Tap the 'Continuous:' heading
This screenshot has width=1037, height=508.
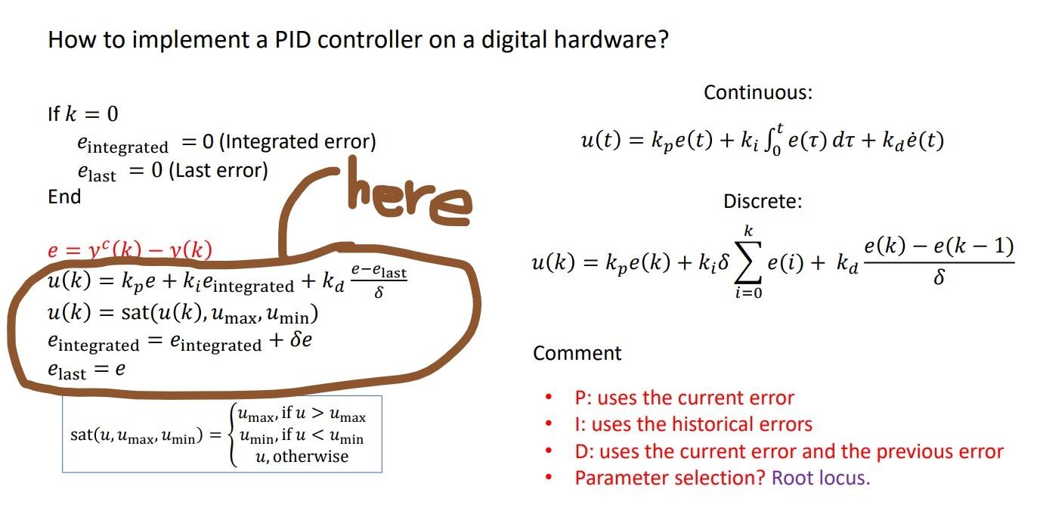point(757,93)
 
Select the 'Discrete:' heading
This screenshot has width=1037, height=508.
point(763,202)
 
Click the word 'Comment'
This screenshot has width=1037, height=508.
point(577,353)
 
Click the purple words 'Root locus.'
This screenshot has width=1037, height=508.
point(821,478)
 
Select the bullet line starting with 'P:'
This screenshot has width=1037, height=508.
point(684,398)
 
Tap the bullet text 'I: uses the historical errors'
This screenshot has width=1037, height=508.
point(693,425)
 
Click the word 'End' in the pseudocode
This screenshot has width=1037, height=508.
point(64,197)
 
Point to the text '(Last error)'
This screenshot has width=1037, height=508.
point(218,170)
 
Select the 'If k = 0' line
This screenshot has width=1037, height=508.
point(82,114)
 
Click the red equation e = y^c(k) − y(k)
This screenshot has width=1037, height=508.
point(129,250)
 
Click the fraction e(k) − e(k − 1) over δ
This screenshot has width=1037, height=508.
point(938,260)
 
